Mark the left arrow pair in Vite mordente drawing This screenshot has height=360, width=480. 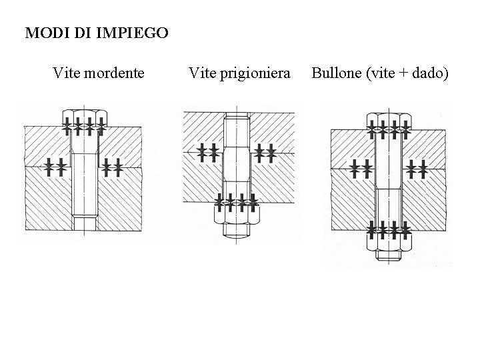55,166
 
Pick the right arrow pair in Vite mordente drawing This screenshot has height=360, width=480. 112,166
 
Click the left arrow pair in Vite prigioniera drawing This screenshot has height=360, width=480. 208,152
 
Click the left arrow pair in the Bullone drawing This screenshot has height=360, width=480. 359,168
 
